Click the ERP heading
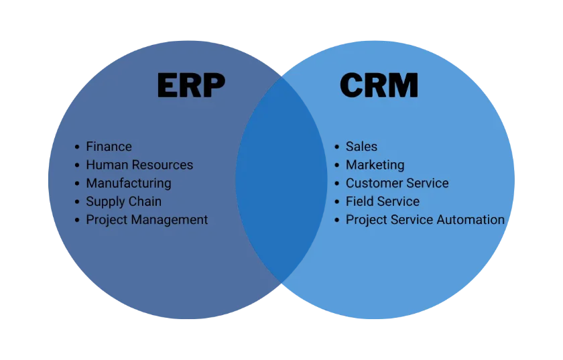192,85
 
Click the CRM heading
379,85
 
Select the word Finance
109,147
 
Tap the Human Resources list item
139,165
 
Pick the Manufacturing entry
129,183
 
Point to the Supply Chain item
123,202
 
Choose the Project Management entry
147,220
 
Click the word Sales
361,147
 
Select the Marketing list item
375,165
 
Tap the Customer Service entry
397,183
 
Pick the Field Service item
383,202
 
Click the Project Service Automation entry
425,220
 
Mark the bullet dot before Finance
77,147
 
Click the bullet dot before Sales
336,147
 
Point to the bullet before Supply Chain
77,202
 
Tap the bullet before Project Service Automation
336,221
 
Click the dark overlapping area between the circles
281,180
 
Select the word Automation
471,220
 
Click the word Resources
162,165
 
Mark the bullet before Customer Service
336,184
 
